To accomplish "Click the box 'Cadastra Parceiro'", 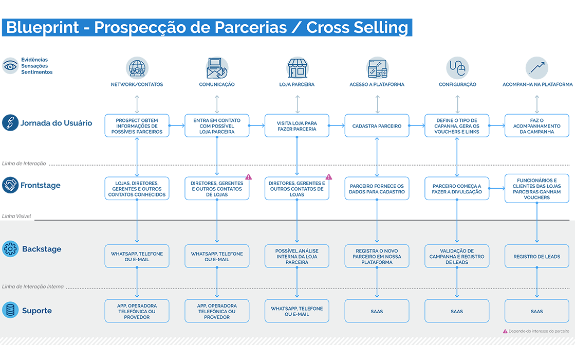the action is (377, 126).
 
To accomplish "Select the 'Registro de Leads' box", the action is (536, 256).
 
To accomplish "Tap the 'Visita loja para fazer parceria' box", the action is (296, 126).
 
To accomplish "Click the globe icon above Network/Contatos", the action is (137, 68).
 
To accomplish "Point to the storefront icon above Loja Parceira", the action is (298, 68).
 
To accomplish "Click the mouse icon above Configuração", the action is (457, 68).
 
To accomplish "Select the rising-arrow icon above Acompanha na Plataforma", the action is (537, 68).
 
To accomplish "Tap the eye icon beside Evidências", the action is (10, 66).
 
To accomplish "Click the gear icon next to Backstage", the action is (10, 249).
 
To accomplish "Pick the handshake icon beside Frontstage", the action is (10, 185).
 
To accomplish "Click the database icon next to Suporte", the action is (10, 311).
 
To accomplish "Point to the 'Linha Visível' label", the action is (16, 216).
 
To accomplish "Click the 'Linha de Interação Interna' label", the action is (33, 286).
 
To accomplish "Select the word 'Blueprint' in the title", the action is (43, 28).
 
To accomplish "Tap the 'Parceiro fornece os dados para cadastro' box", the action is (377, 189).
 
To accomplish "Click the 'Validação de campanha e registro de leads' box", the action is (456, 256).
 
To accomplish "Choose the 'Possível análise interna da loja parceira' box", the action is (296, 256).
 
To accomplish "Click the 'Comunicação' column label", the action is (217, 84).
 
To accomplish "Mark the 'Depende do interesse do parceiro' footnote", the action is (536, 331).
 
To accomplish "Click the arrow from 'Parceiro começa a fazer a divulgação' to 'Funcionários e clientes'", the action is (497, 189).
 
